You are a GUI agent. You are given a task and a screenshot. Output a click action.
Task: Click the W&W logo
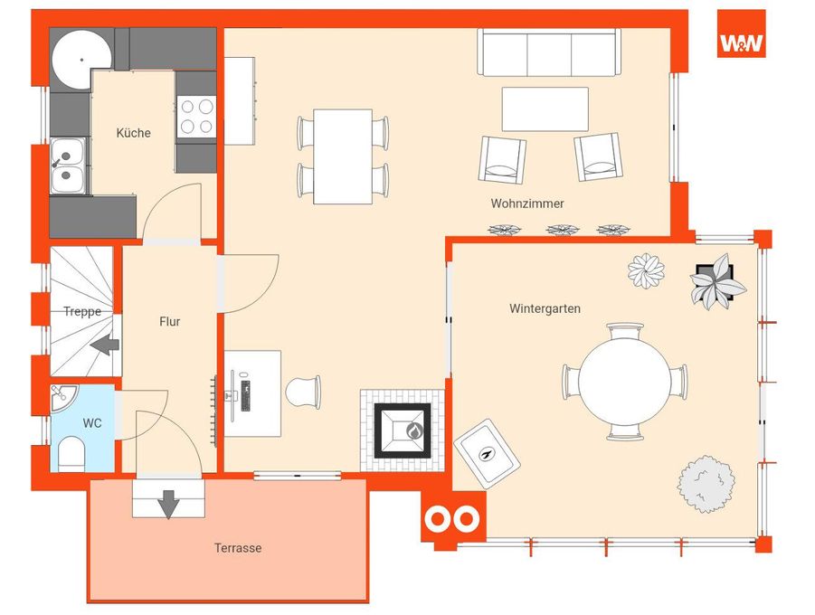741,33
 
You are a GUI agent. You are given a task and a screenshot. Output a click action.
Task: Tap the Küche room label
134,133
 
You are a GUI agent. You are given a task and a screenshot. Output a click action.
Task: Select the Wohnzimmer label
527,203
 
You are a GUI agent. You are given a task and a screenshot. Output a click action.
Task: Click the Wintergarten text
545,308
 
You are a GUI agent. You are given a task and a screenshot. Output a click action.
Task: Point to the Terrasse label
238,548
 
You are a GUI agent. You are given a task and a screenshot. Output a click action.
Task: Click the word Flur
170,322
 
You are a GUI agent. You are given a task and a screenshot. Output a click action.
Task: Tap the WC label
92,423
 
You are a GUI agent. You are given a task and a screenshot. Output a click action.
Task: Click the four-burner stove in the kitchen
196,117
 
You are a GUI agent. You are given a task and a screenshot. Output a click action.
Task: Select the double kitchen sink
68,166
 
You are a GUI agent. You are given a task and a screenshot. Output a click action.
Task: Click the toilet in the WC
71,454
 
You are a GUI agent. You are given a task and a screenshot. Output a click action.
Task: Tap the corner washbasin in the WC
62,397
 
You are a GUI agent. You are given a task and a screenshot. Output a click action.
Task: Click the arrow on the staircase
105,345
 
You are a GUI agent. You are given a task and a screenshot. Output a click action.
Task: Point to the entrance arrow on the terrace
168,503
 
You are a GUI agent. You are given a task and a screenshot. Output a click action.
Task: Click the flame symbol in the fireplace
413,431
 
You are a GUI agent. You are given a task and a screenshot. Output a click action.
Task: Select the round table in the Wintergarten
624,382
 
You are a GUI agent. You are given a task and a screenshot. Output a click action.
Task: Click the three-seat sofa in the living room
549,53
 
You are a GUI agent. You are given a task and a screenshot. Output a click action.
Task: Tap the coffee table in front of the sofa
545,109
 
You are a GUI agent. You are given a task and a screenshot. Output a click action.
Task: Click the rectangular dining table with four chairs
343,156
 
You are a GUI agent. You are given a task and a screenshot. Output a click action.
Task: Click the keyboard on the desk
245,396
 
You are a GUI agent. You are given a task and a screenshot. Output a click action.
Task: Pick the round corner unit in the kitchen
82,61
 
